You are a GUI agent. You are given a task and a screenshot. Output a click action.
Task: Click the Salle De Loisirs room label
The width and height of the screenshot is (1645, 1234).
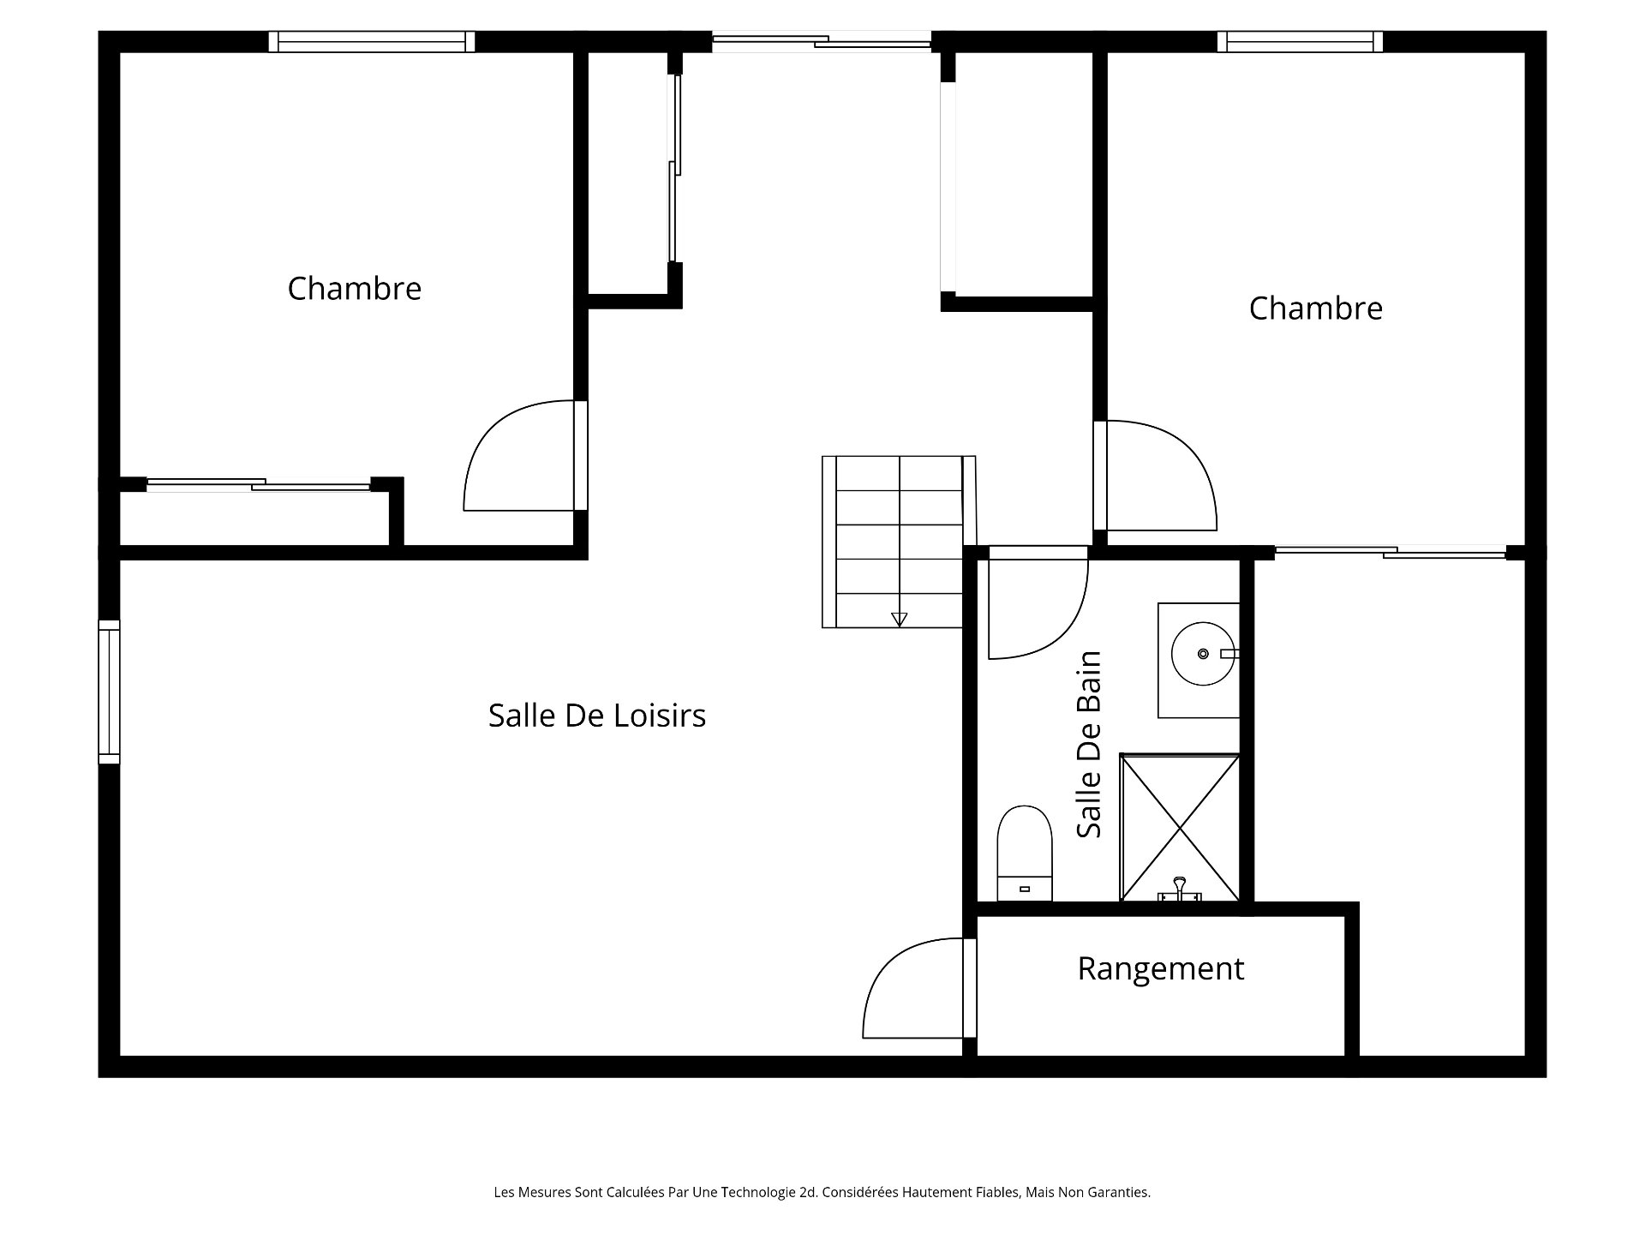point(597,716)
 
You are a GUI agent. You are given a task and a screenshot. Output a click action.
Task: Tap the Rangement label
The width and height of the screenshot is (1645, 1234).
point(1160,969)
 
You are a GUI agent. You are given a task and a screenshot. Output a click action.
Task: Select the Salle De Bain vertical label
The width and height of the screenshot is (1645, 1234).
point(1089,745)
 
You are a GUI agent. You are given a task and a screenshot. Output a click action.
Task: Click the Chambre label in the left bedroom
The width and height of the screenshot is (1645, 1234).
point(354,289)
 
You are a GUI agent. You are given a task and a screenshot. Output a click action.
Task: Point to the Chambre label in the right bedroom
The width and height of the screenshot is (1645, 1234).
point(1315,308)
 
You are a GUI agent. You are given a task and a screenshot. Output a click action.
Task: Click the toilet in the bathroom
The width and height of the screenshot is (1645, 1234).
point(1025,853)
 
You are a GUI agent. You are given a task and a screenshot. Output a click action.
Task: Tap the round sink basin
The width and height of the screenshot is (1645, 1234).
point(1203,654)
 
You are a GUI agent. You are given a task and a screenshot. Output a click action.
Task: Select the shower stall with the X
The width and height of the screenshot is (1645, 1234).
point(1180,828)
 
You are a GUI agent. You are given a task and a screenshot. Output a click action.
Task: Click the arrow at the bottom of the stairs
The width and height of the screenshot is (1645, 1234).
point(899,619)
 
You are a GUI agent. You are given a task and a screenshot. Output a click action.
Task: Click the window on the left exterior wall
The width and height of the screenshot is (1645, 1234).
point(110,692)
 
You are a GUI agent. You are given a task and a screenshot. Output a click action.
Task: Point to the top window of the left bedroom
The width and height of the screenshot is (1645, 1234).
point(372,42)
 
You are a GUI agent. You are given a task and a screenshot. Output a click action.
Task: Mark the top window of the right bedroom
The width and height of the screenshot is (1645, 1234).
point(1300,42)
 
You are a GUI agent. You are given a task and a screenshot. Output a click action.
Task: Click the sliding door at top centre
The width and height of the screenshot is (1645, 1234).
point(822,39)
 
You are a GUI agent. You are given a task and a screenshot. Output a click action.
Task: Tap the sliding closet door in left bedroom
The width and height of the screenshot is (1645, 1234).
point(258,485)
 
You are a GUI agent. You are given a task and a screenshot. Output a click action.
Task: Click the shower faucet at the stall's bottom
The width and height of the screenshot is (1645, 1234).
point(1180,889)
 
